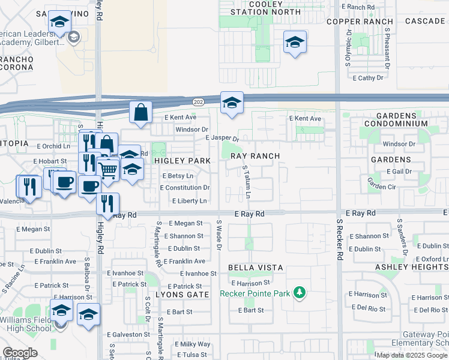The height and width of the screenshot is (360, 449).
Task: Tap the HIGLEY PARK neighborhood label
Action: pyautogui.click(x=182, y=161)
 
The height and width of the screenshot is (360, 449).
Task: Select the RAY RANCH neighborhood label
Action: pyautogui.click(x=255, y=156)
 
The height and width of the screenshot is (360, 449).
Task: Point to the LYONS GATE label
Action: pyautogui.click(x=182, y=295)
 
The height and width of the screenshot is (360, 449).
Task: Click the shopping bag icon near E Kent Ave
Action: pyautogui.click(x=140, y=112)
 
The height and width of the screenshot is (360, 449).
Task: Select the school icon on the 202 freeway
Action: pyautogui.click(x=232, y=103)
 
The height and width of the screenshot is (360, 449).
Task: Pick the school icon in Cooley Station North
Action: pyautogui.click(x=295, y=42)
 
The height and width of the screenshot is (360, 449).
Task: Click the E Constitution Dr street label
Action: pyautogui.click(x=184, y=188)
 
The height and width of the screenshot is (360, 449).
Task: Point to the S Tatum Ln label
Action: pyautogui.click(x=247, y=184)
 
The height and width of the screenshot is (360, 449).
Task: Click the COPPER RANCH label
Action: pyautogui.click(x=351, y=22)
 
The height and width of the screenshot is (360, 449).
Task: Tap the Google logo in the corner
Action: pyautogui.click(x=20, y=353)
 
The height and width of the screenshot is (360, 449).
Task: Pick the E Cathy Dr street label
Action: pyautogui.click(x=368, y=78)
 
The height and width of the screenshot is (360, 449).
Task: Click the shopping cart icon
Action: pyautogui.click(x=108, y=170)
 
